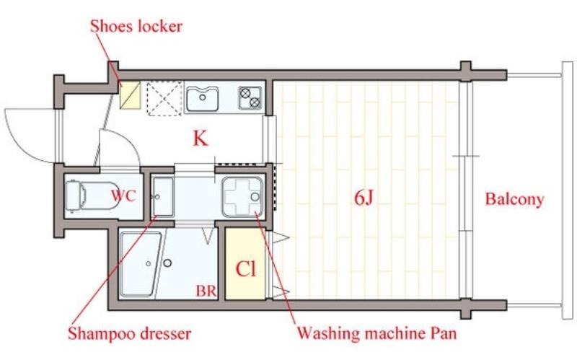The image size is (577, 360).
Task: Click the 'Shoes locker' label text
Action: (136, 26)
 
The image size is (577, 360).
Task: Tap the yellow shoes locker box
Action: (131, 95)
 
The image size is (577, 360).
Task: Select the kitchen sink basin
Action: (203, 99)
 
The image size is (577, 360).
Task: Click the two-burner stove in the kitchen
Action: (250, 98)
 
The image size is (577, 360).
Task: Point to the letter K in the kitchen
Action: (201, 139)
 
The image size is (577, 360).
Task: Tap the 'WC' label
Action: (123, 196)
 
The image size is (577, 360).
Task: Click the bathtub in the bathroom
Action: (141, 263)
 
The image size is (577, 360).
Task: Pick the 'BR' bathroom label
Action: (206, 291)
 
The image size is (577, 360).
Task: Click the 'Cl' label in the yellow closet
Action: (245, 269)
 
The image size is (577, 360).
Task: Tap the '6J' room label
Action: (364, 198)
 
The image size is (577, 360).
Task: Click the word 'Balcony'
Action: (514, 199)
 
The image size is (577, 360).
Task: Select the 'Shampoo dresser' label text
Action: (130, 333)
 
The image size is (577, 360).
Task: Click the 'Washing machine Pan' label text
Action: (376, 333)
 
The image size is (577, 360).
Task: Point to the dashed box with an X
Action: (164, 98)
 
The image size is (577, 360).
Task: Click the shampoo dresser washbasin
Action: (163, 196)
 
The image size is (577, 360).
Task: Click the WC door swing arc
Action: (120, 148)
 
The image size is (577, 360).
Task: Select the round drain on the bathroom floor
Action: (167, 263)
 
